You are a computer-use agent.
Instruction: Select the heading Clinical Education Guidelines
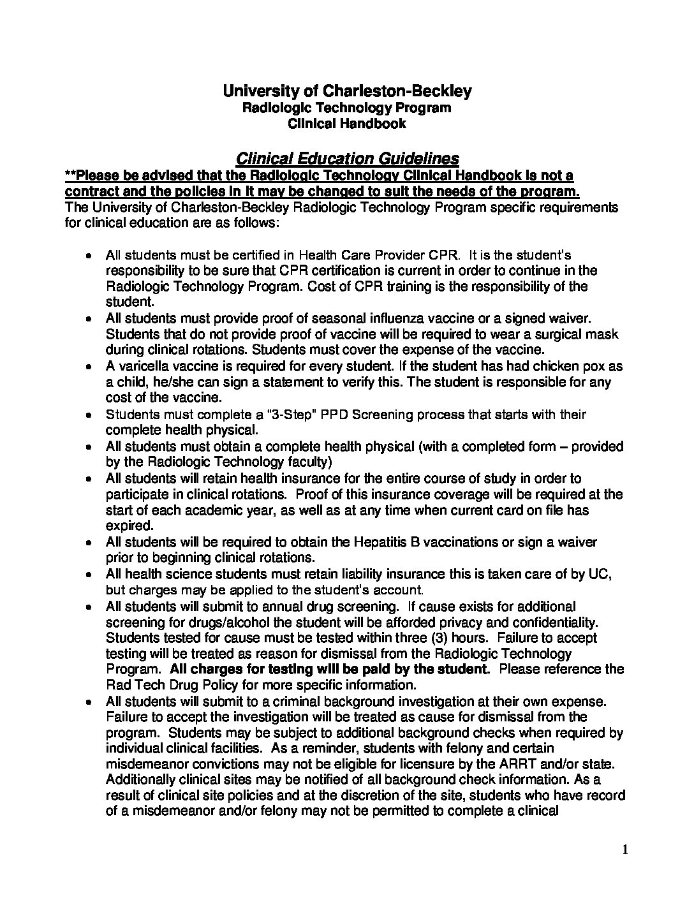point(348,158)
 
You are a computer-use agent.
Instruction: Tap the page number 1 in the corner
point(626,849)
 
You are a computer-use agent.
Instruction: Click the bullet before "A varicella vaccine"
point(90,367)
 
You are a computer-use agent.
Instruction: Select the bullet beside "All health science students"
point(90,575)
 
